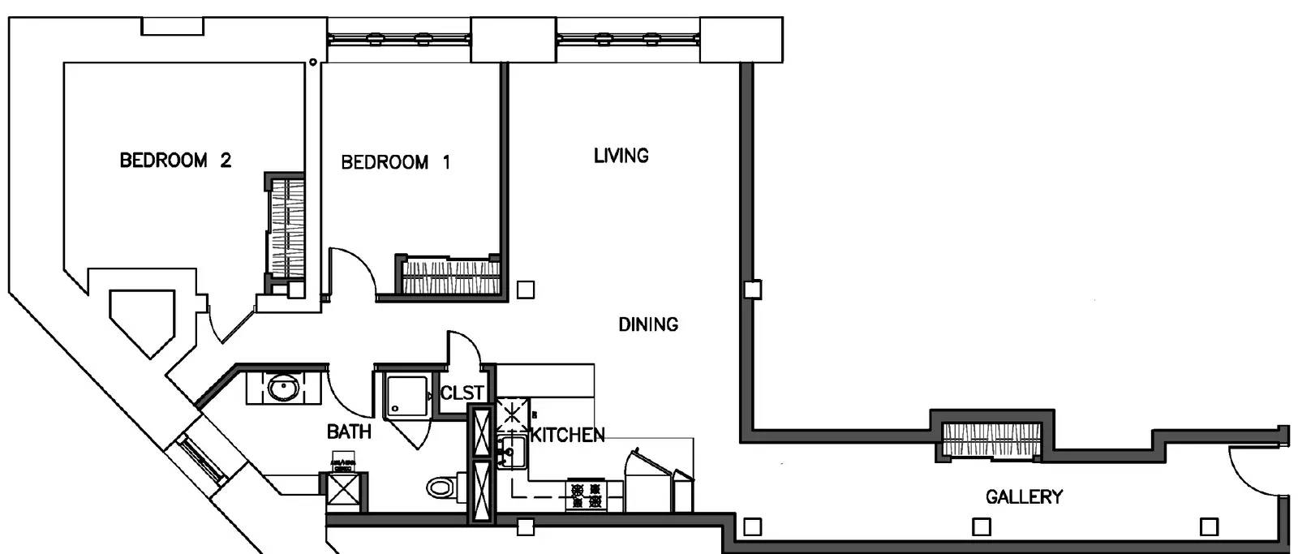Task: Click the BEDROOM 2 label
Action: [175, 160]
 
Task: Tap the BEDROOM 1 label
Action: [396, 162]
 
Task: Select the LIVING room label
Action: [621, 155]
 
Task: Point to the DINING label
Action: [648, 324]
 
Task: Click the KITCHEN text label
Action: [567, 435]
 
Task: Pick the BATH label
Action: [349, 432]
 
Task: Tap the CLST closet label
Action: [462, 393]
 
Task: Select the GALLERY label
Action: [1025, 496]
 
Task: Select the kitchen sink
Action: [512, 452]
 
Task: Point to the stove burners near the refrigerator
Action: [586, 496]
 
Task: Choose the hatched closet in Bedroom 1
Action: [450, 277]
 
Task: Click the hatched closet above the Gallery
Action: [991, 440]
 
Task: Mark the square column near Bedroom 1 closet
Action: [526, 290]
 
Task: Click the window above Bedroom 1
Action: [398, 40]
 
